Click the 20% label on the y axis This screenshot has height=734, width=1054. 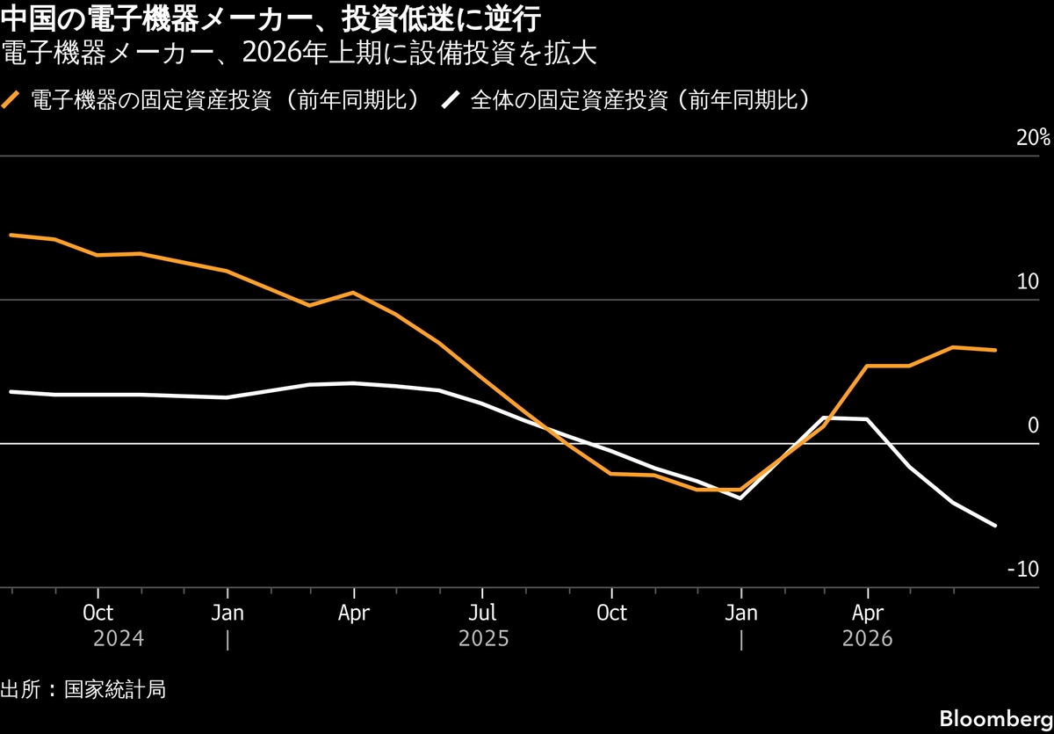1033,137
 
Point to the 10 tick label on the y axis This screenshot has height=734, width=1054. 1028,281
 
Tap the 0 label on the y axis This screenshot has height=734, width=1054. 1033,425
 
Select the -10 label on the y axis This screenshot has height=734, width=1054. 1023,570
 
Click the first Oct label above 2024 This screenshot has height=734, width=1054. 97,613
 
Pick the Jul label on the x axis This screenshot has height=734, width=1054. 482,613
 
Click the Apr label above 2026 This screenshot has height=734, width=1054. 868,614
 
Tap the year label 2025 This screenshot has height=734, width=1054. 483,639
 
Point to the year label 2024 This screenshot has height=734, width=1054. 118,639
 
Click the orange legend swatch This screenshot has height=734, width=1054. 11,100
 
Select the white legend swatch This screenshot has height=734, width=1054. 451,100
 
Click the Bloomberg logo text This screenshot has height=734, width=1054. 996,719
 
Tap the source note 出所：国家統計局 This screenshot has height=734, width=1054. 83,689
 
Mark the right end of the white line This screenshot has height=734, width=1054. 995,526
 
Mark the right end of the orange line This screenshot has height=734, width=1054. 995,350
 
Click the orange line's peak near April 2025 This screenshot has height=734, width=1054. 353,293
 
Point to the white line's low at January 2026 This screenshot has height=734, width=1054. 740,498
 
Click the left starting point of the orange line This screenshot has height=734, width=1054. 11,235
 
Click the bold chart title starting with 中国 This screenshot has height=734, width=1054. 271,19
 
